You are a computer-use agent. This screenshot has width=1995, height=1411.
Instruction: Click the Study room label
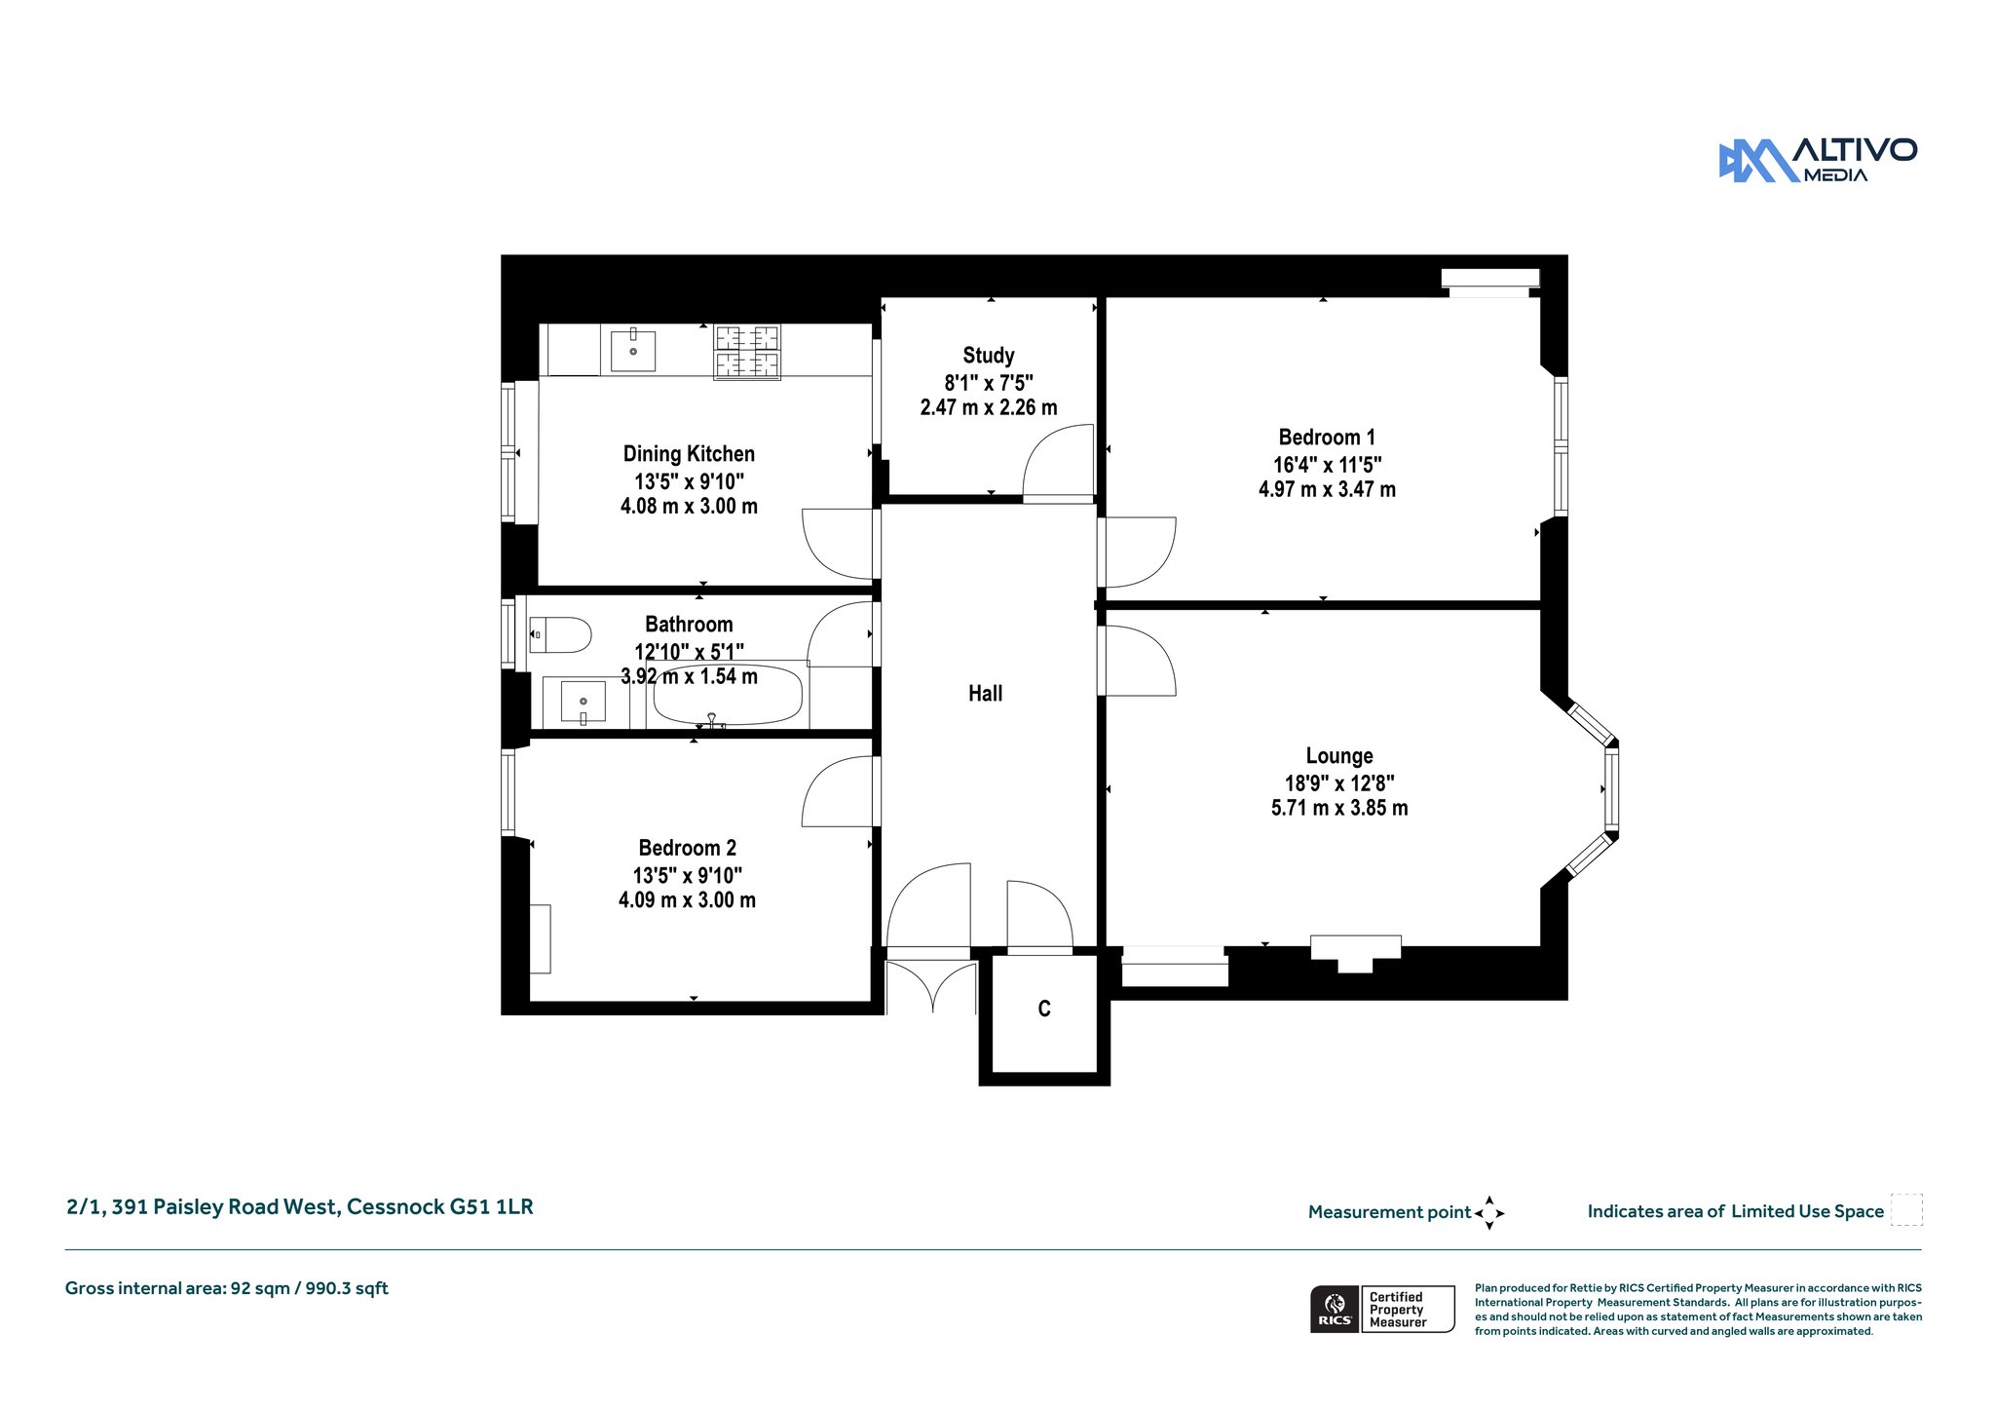988,356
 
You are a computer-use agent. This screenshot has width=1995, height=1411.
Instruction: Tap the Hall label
985,694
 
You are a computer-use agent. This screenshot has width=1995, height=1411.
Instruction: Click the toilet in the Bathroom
560,635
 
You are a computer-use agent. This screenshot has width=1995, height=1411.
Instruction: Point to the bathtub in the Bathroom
728,695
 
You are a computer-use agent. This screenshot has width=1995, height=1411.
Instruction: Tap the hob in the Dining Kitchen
747,352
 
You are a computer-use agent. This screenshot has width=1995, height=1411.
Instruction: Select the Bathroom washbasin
583,702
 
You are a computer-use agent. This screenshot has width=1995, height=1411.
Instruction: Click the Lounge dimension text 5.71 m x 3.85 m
1339,808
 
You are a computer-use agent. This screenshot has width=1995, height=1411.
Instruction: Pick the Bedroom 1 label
1327,438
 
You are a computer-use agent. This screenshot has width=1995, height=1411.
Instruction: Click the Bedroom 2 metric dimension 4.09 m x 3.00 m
687,900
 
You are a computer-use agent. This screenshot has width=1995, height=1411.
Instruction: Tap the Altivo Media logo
1818,161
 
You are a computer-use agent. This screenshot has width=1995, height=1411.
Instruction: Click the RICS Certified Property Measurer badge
1382,1309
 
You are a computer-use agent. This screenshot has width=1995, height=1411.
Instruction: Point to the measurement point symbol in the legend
1489,1213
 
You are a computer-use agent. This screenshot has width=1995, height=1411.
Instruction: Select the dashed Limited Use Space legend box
1906,1209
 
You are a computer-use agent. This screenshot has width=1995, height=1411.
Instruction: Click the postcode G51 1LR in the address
491,1206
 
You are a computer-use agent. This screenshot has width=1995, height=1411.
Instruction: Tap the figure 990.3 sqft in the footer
347,1288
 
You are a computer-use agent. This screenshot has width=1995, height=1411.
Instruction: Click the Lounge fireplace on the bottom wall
1355,952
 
